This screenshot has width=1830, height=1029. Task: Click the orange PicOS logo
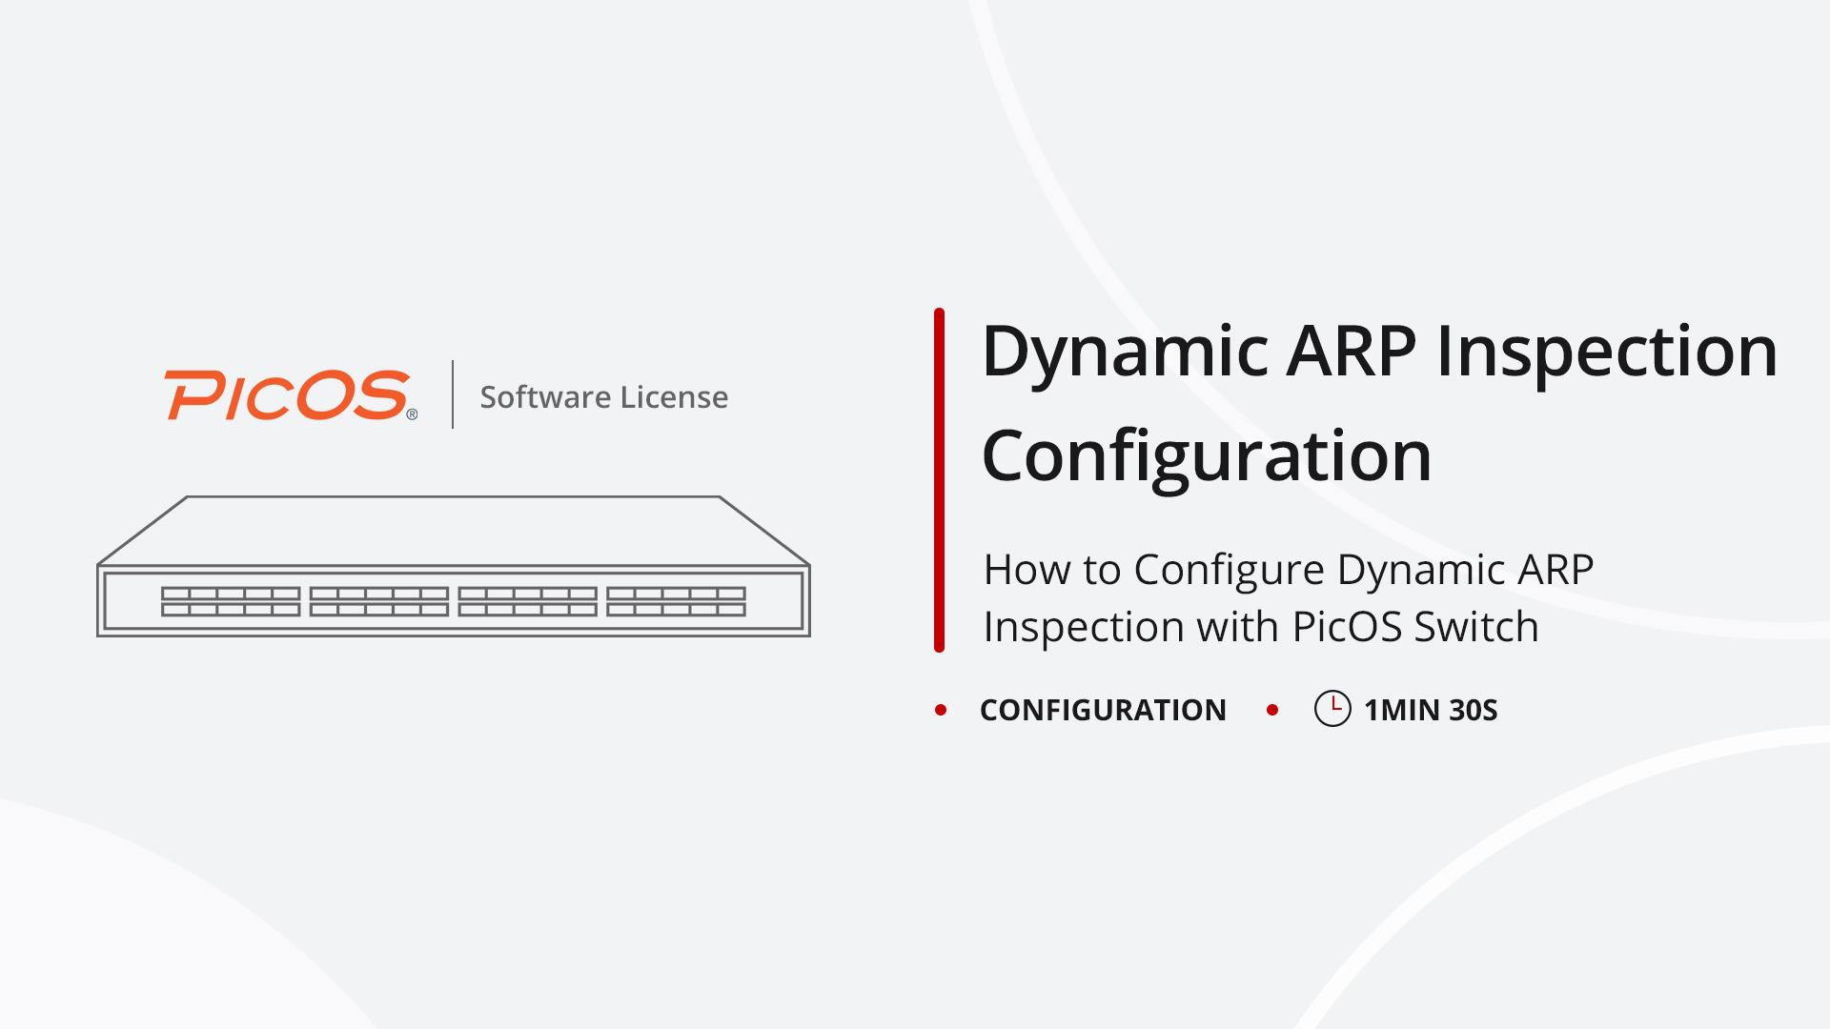(287, 395)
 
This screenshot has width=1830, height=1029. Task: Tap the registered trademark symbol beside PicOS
(412, 414)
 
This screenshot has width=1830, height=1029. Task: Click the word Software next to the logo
(545, 397)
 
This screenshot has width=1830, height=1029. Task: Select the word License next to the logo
(674, 397)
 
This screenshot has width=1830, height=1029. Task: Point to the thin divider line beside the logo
(453, 394)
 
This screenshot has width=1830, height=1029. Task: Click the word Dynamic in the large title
(1125, 353)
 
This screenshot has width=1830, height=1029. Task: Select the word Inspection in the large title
(1607, 353)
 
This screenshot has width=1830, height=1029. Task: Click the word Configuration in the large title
(1207, 457)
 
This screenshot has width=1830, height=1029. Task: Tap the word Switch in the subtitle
(1475, 627)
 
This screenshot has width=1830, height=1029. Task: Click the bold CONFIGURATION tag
(1103, 710)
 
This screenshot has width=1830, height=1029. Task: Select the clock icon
(1332, 709)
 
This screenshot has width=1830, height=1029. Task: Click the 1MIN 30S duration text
(1431, 710)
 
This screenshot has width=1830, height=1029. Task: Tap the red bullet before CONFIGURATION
(941, 710)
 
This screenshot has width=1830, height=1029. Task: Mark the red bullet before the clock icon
(1272, 710)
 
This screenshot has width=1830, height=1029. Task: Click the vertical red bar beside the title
(939, 480)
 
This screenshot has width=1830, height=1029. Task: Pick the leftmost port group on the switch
(231, 601)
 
